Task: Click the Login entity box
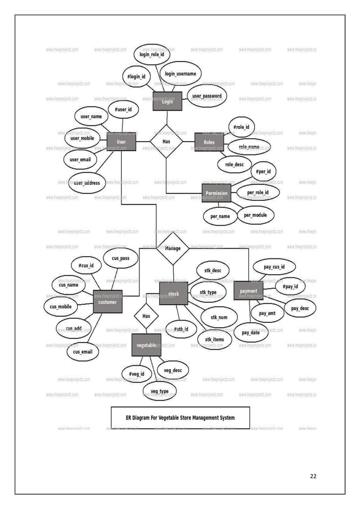coord(167,101)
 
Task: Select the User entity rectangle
coord(121,141)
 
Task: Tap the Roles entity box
coord(209,142)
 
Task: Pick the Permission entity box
coord(216,193)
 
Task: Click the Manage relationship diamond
coord(173,248)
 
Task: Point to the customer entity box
coord(107,302)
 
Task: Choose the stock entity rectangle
coord(173,293)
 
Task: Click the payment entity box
coord(248,291)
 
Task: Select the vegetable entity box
coord(146,345)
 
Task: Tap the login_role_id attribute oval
coord(152,54)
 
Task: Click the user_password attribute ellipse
coord(207,96)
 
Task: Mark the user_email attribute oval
coord(80,160)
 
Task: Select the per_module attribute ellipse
coord(255,215)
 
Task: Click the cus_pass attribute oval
coord(121,258)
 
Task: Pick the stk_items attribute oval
coord(214,339)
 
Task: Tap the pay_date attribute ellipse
coord(251,332)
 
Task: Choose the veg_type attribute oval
coord(159,391)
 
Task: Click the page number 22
coord(313,476)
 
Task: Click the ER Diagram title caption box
coord(180,418)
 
